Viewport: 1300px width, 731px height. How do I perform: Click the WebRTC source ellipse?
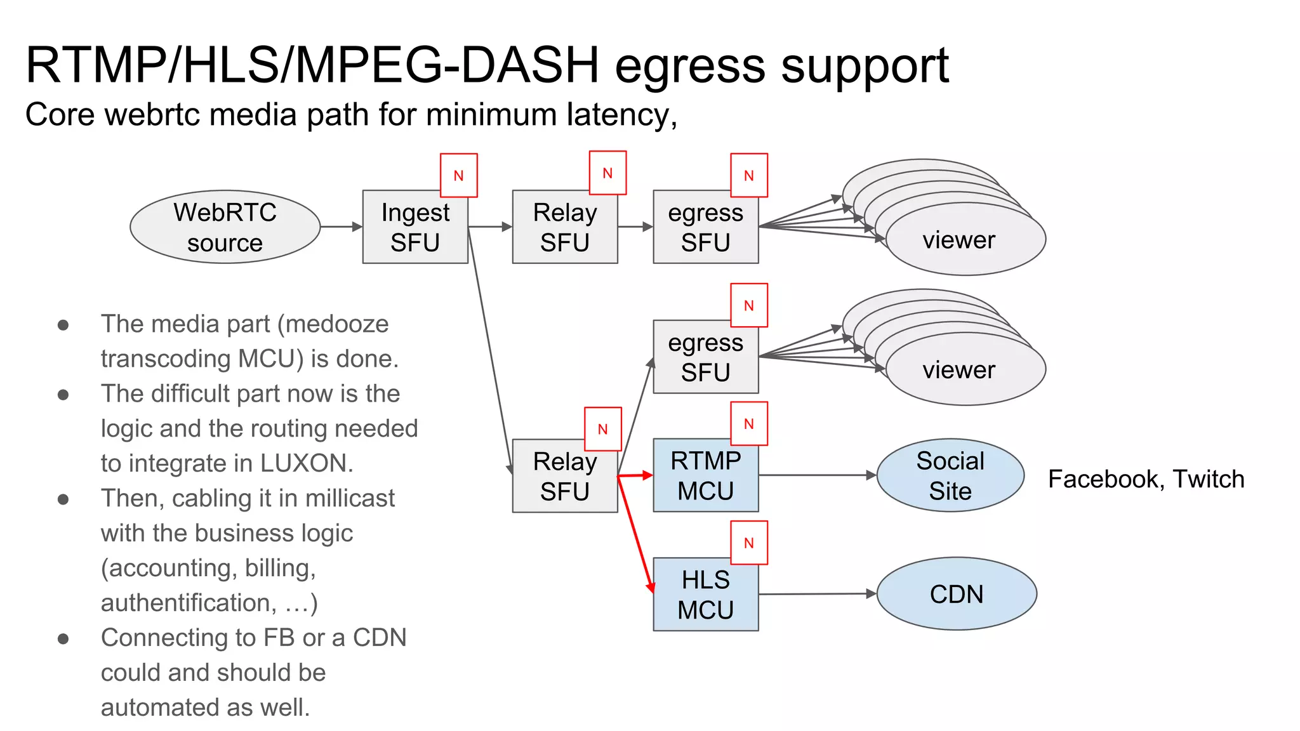225,227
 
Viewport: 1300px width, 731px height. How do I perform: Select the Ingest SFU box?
415,227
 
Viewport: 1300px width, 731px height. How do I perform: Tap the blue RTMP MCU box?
705,476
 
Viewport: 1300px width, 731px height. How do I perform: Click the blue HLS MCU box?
705,595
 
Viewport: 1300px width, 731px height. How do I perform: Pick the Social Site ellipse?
950,475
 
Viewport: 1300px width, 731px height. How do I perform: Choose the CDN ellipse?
956,594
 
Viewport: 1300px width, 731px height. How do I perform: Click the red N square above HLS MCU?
749,543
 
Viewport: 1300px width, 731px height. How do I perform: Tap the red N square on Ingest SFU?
458,176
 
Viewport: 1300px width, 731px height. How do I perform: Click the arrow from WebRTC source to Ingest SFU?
341,227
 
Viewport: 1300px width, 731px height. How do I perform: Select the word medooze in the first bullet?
336,324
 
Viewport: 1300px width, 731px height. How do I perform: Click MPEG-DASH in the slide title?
448,65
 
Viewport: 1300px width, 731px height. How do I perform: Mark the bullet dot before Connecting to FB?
63,638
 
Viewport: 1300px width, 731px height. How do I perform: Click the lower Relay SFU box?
564,477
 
